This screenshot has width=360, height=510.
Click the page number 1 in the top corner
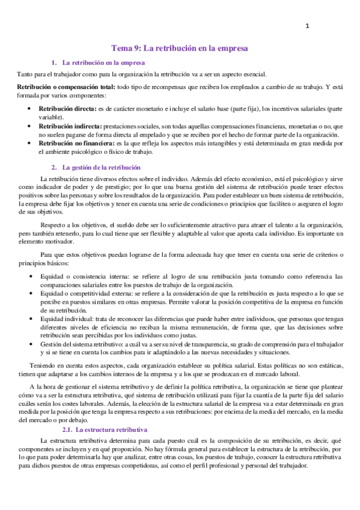307,26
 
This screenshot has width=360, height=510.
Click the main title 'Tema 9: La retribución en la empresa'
180,48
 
